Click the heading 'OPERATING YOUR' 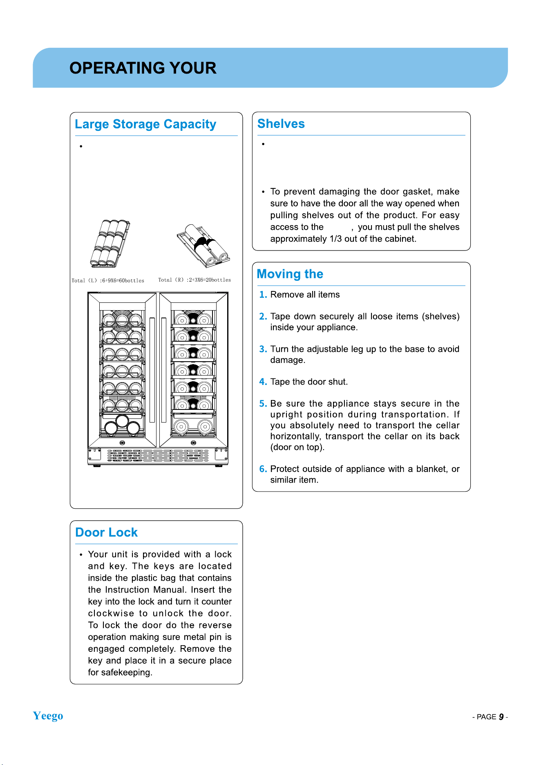coord(143,68)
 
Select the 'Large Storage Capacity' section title coord(145,124)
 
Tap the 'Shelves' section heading coord(281,123)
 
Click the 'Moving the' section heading coord(290,274)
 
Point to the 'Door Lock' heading coord(107,532)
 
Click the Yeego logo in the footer coord(48,716)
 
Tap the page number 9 coord(501,717)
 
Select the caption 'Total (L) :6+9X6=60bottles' coord(108,280)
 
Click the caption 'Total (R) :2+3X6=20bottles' coord(194,280)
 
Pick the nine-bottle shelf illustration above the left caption coord(110,244)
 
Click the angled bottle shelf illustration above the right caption coord(203,246)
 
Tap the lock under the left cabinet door coord(122,443)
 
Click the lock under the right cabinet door coord(194,443)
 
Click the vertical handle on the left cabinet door coord(152,370)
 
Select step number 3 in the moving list coord(263,349)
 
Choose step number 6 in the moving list coord(263,469)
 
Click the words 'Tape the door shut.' coord(309,382)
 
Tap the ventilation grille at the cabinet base coord(158,456)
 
